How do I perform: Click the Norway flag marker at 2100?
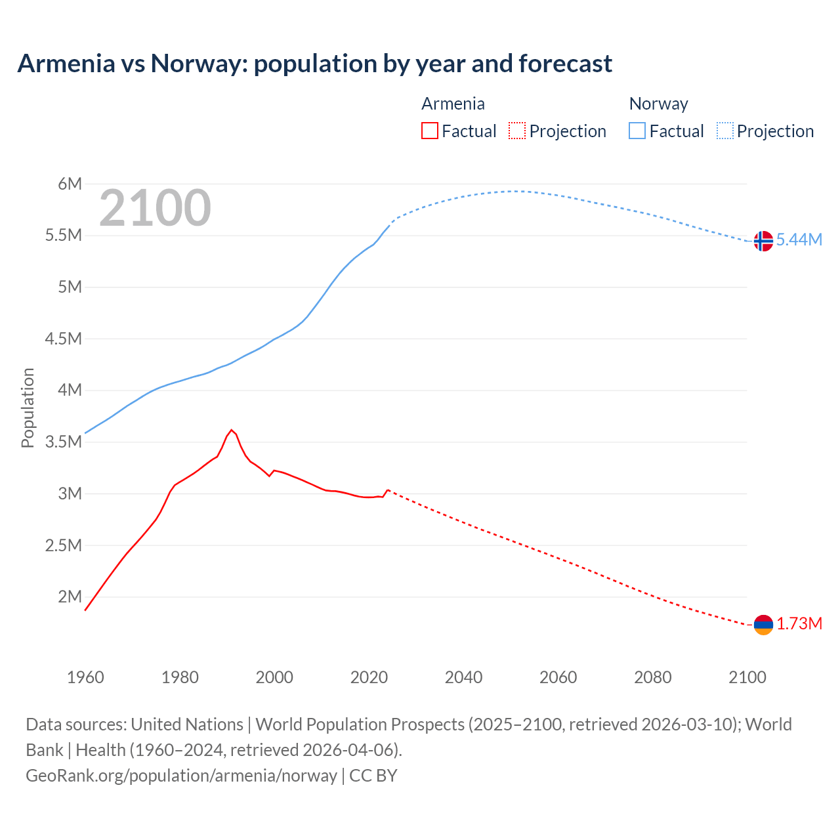(763, 241)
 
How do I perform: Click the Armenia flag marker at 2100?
(763, 625)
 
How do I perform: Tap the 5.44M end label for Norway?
(799, 240)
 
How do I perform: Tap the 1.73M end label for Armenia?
(799, 624)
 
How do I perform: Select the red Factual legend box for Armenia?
(430, 131)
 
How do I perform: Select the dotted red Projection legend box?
(517, 131)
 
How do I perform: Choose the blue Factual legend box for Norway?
(637, 131)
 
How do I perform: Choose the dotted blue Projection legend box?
(725, 131)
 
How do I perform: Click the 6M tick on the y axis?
(70, 184)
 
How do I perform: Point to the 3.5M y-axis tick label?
(64, 442)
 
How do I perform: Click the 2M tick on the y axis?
(70, 597)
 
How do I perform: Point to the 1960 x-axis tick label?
(85, 678)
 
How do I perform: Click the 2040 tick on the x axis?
(463, 678)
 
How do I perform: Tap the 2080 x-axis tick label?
(652, 678)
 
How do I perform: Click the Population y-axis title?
(28, 408)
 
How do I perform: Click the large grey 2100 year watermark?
(155, 209)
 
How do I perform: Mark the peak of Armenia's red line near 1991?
(232, 430)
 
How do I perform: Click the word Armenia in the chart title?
(66, 64)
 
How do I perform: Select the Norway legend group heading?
(658, 104)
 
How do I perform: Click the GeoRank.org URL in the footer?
(181, 776)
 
